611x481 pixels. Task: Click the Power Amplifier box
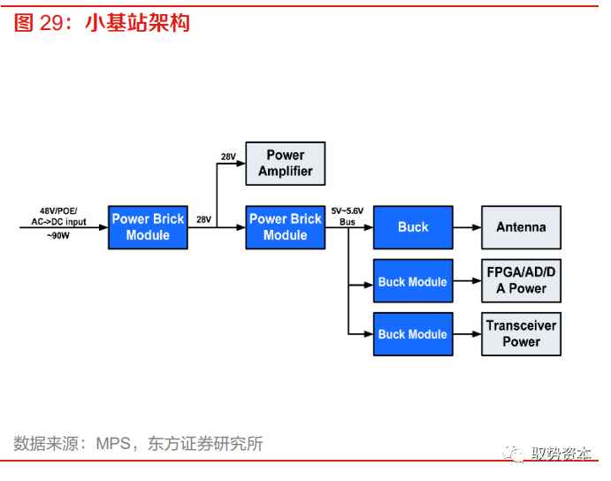285,163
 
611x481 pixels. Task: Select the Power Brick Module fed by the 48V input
148,227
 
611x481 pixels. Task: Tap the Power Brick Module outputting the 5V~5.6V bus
285,227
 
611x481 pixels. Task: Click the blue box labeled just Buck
413,227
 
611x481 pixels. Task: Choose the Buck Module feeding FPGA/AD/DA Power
413,282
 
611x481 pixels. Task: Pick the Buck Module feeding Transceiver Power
413,334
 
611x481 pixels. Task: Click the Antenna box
521,227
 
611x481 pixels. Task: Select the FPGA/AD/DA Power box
521,281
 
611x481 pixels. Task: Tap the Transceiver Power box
521,333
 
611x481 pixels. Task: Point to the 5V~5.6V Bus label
348,216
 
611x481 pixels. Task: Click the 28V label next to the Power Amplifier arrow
228,157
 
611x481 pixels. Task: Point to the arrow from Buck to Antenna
467,227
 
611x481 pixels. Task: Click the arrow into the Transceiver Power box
467,334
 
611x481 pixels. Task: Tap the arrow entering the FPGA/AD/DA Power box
467,282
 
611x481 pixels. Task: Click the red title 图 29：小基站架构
102,23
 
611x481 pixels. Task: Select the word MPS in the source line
112,444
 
